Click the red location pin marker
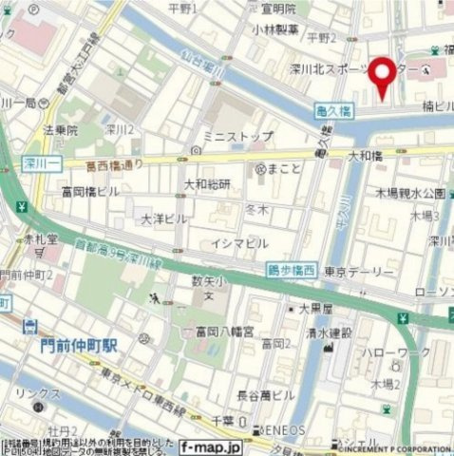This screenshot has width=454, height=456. pos(384,75)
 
